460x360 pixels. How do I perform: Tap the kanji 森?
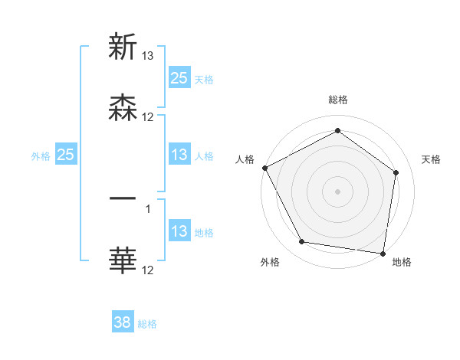[123, 108]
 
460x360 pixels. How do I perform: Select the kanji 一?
[123, 198]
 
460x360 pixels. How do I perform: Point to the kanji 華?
[123, 260]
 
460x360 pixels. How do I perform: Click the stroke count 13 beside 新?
[148, 55]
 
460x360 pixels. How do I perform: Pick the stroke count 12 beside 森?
[148, 117]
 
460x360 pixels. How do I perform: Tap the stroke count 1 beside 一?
[148, 207]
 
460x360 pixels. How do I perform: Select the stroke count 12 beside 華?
[148, 270]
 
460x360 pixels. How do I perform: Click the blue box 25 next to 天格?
[179, 78]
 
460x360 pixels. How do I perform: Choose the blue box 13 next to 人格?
[179, 155]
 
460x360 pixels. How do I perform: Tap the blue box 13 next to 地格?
[179, 232]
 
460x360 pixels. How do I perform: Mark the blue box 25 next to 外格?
[66, 155]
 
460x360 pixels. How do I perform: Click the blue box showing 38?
[123, 323]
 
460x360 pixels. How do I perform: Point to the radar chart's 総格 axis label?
[338, 100]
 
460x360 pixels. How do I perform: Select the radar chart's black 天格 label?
[432, 159]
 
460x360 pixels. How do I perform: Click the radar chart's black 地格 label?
[402, 262]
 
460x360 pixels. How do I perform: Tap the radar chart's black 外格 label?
[270, 262]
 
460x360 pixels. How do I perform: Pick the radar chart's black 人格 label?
[245, 159]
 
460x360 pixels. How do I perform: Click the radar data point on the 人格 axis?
[264, 168]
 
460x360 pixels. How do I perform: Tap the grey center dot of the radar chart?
[338, 191]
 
